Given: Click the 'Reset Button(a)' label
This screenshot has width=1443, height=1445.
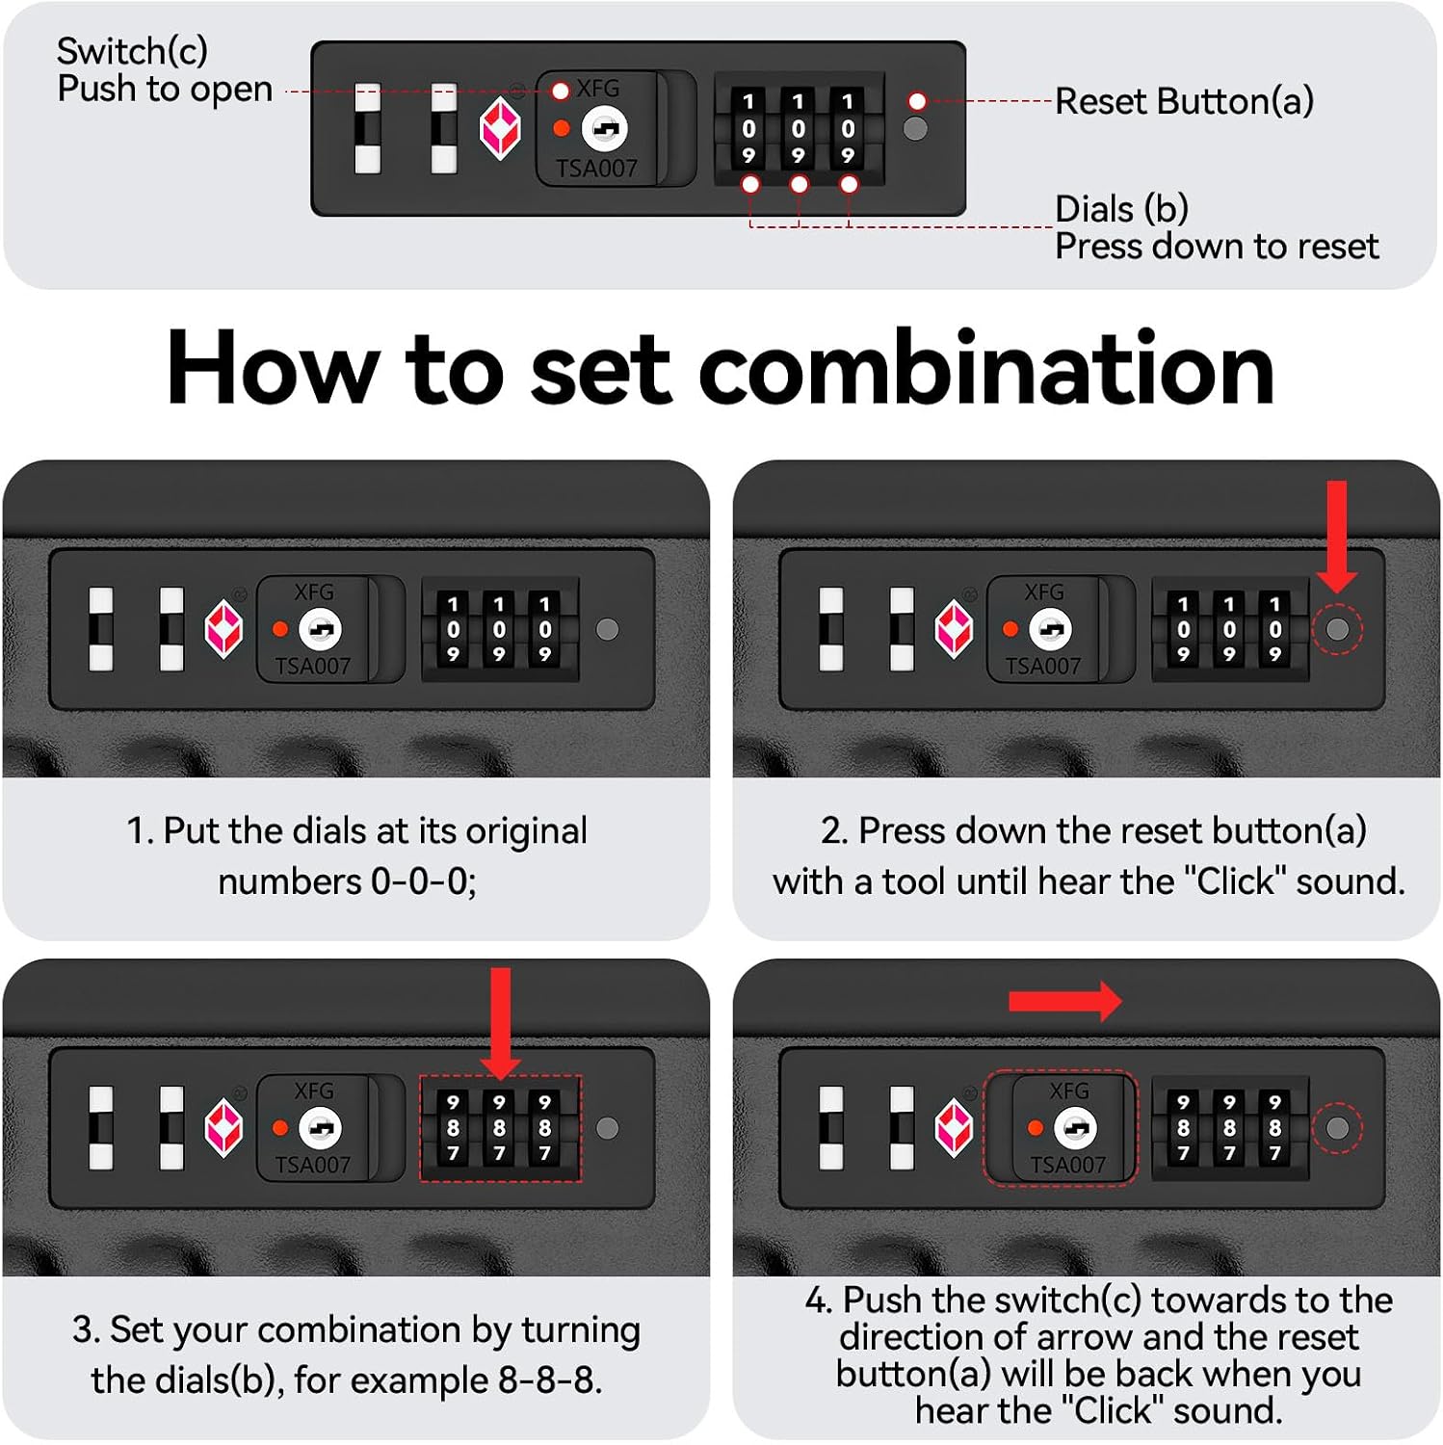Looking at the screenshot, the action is tap(1184, 101).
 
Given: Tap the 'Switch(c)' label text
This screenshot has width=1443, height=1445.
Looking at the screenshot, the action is tap(132, 51).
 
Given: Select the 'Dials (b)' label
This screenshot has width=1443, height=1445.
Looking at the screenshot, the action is tap(1121, 209).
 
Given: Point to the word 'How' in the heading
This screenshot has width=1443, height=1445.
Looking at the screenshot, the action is tap(274, 368).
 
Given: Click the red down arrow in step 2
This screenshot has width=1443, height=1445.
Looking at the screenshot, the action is tap(1337, 538).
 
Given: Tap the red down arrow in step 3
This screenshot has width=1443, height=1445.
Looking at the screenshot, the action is tap(500, 1024).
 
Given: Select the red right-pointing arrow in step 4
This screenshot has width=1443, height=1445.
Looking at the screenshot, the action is tap(1065, 1002).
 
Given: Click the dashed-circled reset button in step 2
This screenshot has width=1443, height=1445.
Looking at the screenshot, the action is tap(1337, 629).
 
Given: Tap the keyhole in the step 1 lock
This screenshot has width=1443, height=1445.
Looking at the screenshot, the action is tap(320, 629).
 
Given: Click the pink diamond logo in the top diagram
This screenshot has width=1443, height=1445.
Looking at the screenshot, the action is tap(500, 130).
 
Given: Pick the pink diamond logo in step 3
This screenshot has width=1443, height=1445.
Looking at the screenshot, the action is tap(223, 1128).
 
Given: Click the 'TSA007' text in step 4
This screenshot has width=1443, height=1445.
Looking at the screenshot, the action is tap(1067, 1165).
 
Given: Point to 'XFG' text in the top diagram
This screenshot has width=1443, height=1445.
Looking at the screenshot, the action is tap(598, 89).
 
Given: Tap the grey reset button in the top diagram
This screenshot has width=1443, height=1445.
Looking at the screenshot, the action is tap(915, 129).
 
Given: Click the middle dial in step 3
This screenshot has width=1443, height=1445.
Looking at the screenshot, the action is tap(499, 1128).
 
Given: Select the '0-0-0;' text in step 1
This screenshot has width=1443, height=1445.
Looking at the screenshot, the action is tap(424, 881).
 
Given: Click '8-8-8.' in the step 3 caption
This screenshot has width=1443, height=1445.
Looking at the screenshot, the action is tap(550, 1380).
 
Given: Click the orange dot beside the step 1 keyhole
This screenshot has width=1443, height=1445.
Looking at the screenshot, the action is tap(280, 629).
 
